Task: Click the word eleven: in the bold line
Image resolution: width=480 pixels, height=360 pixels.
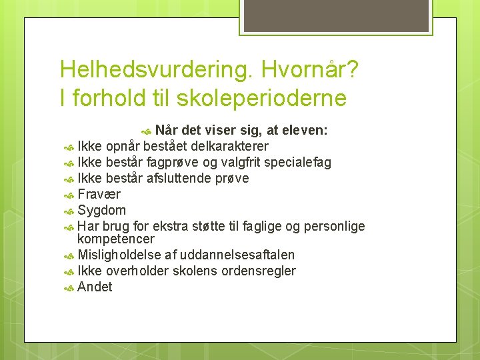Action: click(303, 130)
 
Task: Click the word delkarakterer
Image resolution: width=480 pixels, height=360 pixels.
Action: click(230, 146)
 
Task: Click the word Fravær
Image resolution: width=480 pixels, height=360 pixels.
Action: click(99, 194)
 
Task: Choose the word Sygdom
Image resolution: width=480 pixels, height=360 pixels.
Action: click(101, 210)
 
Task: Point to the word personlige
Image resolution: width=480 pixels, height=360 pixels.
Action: click(333, 226)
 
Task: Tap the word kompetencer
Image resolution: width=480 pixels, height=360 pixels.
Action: click(115, 239)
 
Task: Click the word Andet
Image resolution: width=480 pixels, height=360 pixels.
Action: click(95, 287)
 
